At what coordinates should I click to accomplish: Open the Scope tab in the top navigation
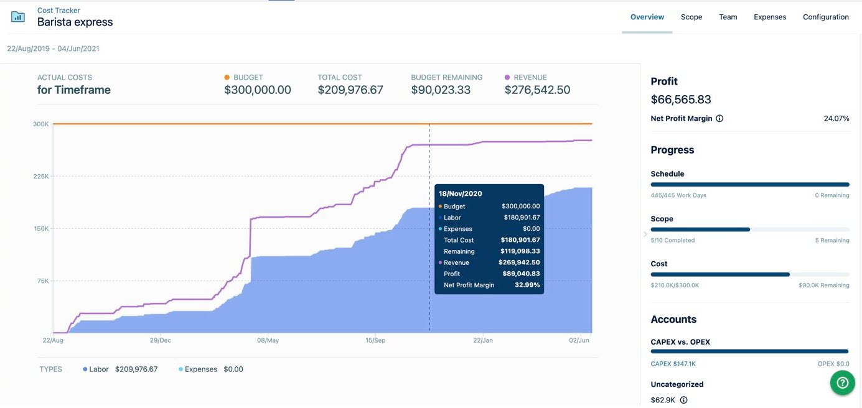click(691, 17)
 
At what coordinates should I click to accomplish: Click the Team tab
click(728, 17)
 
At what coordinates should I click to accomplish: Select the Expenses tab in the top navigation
click(770, 17)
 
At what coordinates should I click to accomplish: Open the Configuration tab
click(825, 17)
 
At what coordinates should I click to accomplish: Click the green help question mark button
click(842, 383)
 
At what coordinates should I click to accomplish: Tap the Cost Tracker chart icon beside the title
click(18, 17)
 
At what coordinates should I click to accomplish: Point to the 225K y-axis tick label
click(41, 176)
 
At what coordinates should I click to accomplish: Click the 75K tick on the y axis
click(42, 280)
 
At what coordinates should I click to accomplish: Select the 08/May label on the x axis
click(268, 340)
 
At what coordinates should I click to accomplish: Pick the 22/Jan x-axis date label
click(483, 340)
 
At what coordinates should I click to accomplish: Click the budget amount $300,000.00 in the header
click(258, 90)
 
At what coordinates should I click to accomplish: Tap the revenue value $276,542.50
click(537, 90)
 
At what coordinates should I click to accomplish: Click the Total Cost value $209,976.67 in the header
click(350, 90)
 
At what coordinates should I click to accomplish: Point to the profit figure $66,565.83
click(681, 100)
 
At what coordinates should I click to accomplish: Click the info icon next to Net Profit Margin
click(719, 118)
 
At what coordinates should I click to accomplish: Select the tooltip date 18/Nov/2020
click(460, 194)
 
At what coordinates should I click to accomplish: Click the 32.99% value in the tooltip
click(527, 285)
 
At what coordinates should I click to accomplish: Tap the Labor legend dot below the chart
click(85, 369)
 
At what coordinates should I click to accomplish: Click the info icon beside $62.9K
click(683, 400)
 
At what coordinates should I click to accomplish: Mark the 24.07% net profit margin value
click(836, 118)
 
